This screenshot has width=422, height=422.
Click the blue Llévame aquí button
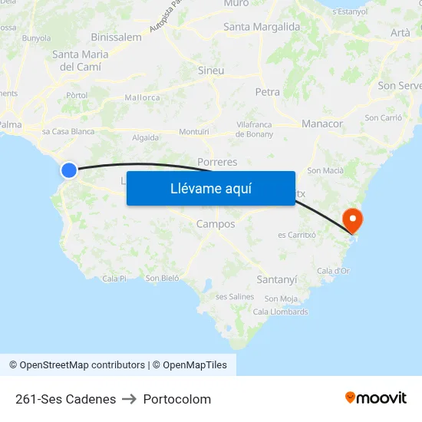pos(210,188)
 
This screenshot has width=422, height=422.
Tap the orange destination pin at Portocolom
pos(353,220)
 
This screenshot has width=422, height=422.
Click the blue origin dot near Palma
pos(69,170)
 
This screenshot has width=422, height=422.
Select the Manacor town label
pos(322,124)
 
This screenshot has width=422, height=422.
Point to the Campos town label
pos(216,224)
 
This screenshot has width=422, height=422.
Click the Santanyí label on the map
pos(276,279)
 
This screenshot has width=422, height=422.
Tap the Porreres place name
pos(217,162)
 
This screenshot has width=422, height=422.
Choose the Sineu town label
pos(211,71)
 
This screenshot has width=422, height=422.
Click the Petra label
pos(267,92)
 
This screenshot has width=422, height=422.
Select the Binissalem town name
pos(116,37)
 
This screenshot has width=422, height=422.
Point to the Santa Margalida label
pos(262,27)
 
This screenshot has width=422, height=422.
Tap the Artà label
pos(400,32)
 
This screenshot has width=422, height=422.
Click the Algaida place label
pos(146,138)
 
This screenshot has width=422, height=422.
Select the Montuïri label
pos(194,132)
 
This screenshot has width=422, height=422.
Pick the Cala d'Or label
pos(333,270)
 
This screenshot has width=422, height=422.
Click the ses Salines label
pos(235,296)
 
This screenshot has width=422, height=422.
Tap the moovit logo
pos(375,397)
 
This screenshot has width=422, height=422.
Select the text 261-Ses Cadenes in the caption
pos(65,399)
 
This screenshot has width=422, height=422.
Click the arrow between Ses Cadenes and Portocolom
pos(129,399)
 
